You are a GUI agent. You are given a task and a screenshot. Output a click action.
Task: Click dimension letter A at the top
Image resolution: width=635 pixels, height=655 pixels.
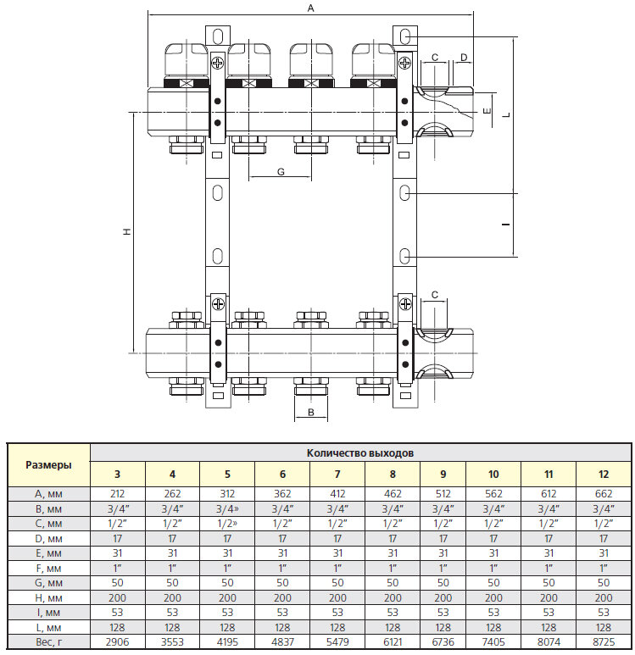[x=311, y=8]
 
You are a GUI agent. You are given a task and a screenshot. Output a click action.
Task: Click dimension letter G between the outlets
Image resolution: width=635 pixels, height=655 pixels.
[x=281, y=172]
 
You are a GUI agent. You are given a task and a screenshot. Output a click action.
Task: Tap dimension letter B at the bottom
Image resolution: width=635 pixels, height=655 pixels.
[x=311, y=413]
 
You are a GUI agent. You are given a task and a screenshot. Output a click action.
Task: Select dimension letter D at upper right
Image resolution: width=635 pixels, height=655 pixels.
[x=464, y=57]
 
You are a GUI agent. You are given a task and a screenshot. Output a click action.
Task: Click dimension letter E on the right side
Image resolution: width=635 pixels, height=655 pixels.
[x=487, y=111]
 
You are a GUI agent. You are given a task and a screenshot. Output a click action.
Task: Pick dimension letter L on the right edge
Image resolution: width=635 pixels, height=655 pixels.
[x=506, y=114]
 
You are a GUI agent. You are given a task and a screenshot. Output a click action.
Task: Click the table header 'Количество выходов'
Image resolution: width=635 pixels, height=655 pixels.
[x=360, y=453]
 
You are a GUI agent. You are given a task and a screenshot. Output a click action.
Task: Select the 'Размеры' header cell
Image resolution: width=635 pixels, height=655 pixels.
[x=48, y=464]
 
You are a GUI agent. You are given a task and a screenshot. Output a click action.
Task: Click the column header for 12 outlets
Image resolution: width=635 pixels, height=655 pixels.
[x=604, y=475]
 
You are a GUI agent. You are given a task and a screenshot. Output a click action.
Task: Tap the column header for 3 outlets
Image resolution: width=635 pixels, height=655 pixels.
[x=117, y=475]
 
